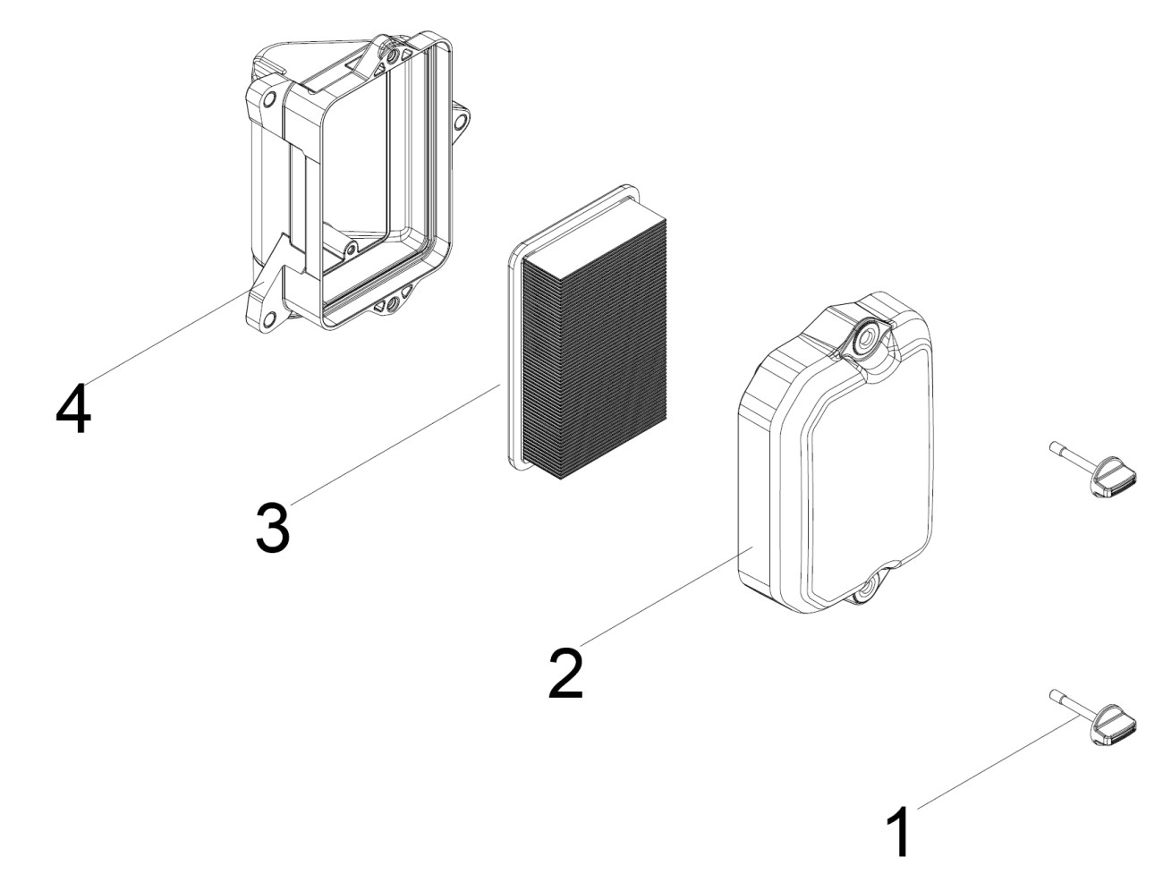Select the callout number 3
272,527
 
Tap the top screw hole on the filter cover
864,337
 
